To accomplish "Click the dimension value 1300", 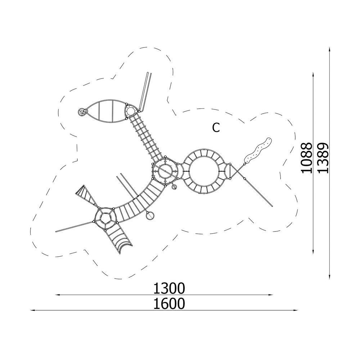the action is pyautogui.click(x=169, y=288).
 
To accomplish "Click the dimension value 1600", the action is pyautogui.click(x=169, y=304).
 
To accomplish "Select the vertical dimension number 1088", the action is pyautogui.click(x=307, y=158).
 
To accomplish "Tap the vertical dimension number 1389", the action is pyautogui.click(x=323, y=158).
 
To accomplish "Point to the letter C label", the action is pyautogui.click(x=216, y=128).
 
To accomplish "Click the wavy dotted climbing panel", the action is pyautogui.click(x=258, y=150).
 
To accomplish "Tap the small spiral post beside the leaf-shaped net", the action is pyautogui.click(x=81, y=112).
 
